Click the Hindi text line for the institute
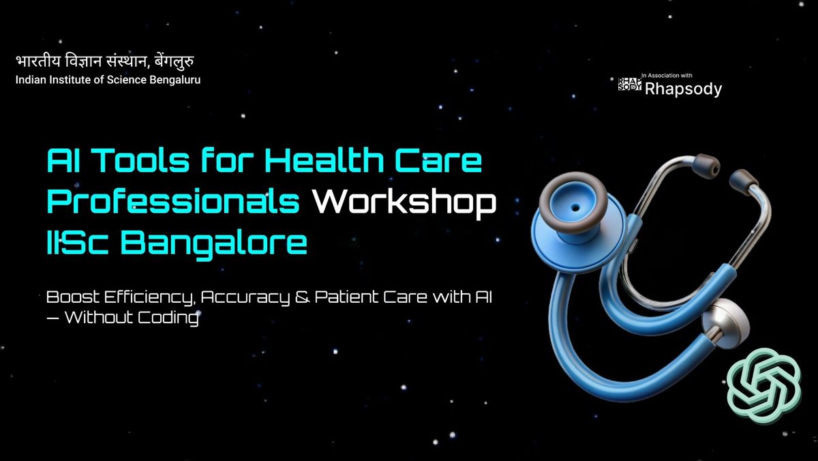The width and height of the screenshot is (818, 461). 110,61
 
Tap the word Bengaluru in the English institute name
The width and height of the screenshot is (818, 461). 176,80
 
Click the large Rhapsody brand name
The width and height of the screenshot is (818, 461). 683,89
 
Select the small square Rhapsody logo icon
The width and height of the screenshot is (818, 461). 629,85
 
